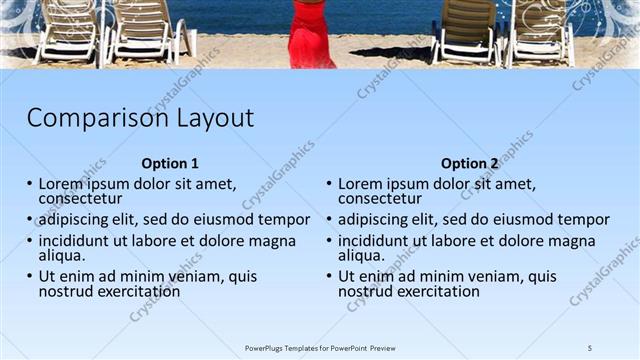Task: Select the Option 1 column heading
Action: point(170,164)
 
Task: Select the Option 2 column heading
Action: point(469,164)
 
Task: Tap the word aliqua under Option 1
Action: point(63,256)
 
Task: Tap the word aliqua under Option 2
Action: point(363,256)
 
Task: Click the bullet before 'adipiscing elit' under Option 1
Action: point(30,220)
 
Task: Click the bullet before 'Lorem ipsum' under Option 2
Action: point(330,184)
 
